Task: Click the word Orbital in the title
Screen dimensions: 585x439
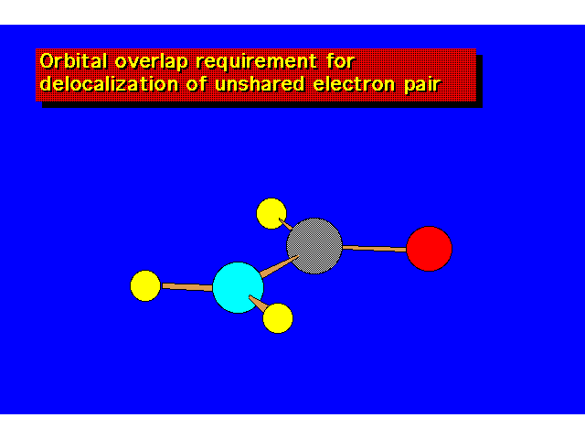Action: [73, 61]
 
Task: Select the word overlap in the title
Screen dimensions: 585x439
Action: [151, 61]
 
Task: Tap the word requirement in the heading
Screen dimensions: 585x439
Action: [257, 61]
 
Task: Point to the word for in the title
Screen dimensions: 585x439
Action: [340, 61]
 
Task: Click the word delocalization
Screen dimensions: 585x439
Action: [109, 83]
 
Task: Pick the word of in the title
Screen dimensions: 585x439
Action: [197, 83]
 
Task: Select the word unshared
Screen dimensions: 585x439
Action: [260, 83]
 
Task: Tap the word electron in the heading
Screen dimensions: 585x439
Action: [354, 84]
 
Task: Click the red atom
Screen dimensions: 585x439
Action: [429, 249]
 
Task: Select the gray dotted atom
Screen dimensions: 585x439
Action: [314, 246]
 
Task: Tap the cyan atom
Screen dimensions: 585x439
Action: [238, 287]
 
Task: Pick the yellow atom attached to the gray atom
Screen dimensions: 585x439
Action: [271, 213]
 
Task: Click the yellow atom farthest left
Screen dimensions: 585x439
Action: [145, 286]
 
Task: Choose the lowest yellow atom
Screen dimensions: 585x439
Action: [278, 318]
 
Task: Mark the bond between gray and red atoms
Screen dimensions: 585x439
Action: [374, 248]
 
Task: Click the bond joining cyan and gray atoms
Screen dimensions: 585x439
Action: [279, 266]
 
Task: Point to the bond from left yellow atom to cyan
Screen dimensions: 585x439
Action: [186, 287]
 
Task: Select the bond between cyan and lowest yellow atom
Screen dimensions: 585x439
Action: [258, 303]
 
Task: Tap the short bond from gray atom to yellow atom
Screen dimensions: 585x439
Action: [286, 224]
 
